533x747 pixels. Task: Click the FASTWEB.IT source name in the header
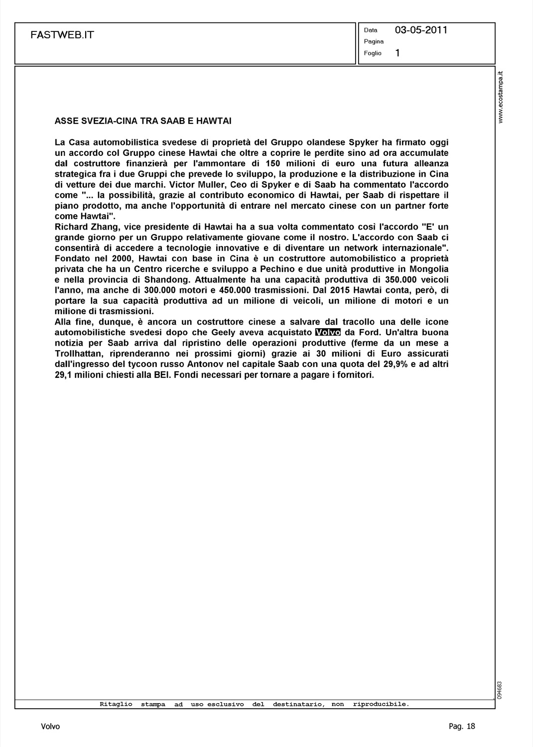(x=62, y=35)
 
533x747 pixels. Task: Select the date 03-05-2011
(x=421, y=30)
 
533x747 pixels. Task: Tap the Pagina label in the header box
(x=374, y=41)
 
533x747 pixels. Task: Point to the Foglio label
(x=373, y=53)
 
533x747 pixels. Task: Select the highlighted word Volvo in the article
(x=328, y=332)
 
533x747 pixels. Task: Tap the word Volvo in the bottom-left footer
(x=50, y=727)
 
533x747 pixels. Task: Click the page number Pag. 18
(x=462, y=727)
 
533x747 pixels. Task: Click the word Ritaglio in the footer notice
(x=116, y=704)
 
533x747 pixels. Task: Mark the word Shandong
(x=167, y=280)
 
